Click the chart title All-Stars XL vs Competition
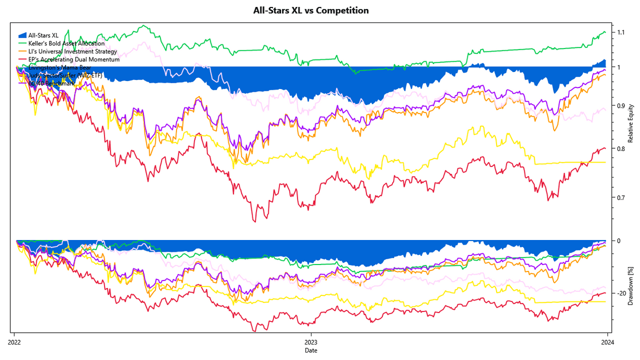(310, 11)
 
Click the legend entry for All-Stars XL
(44, 35)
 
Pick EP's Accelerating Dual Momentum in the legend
(74, 60)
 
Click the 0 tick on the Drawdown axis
(618, 241)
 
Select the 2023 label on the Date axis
(310, 343)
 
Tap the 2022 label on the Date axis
(14, 343)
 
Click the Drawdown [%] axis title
(632, 287)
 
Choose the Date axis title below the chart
(310, 350)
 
